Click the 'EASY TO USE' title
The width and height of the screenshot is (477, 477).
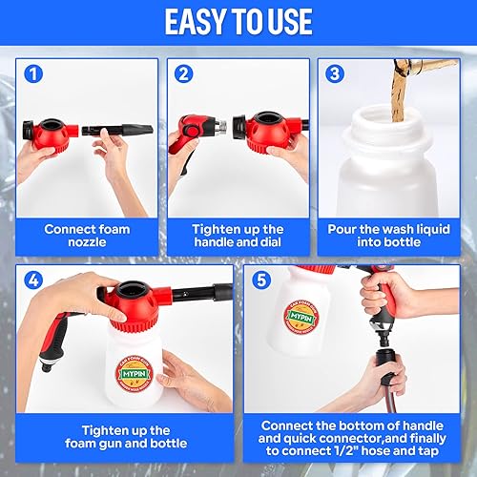[238, 22]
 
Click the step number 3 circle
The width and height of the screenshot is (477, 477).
[334, 73]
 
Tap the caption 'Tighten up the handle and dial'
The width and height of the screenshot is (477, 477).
[238, 236]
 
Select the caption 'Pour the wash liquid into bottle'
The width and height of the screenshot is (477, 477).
[389, 236]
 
